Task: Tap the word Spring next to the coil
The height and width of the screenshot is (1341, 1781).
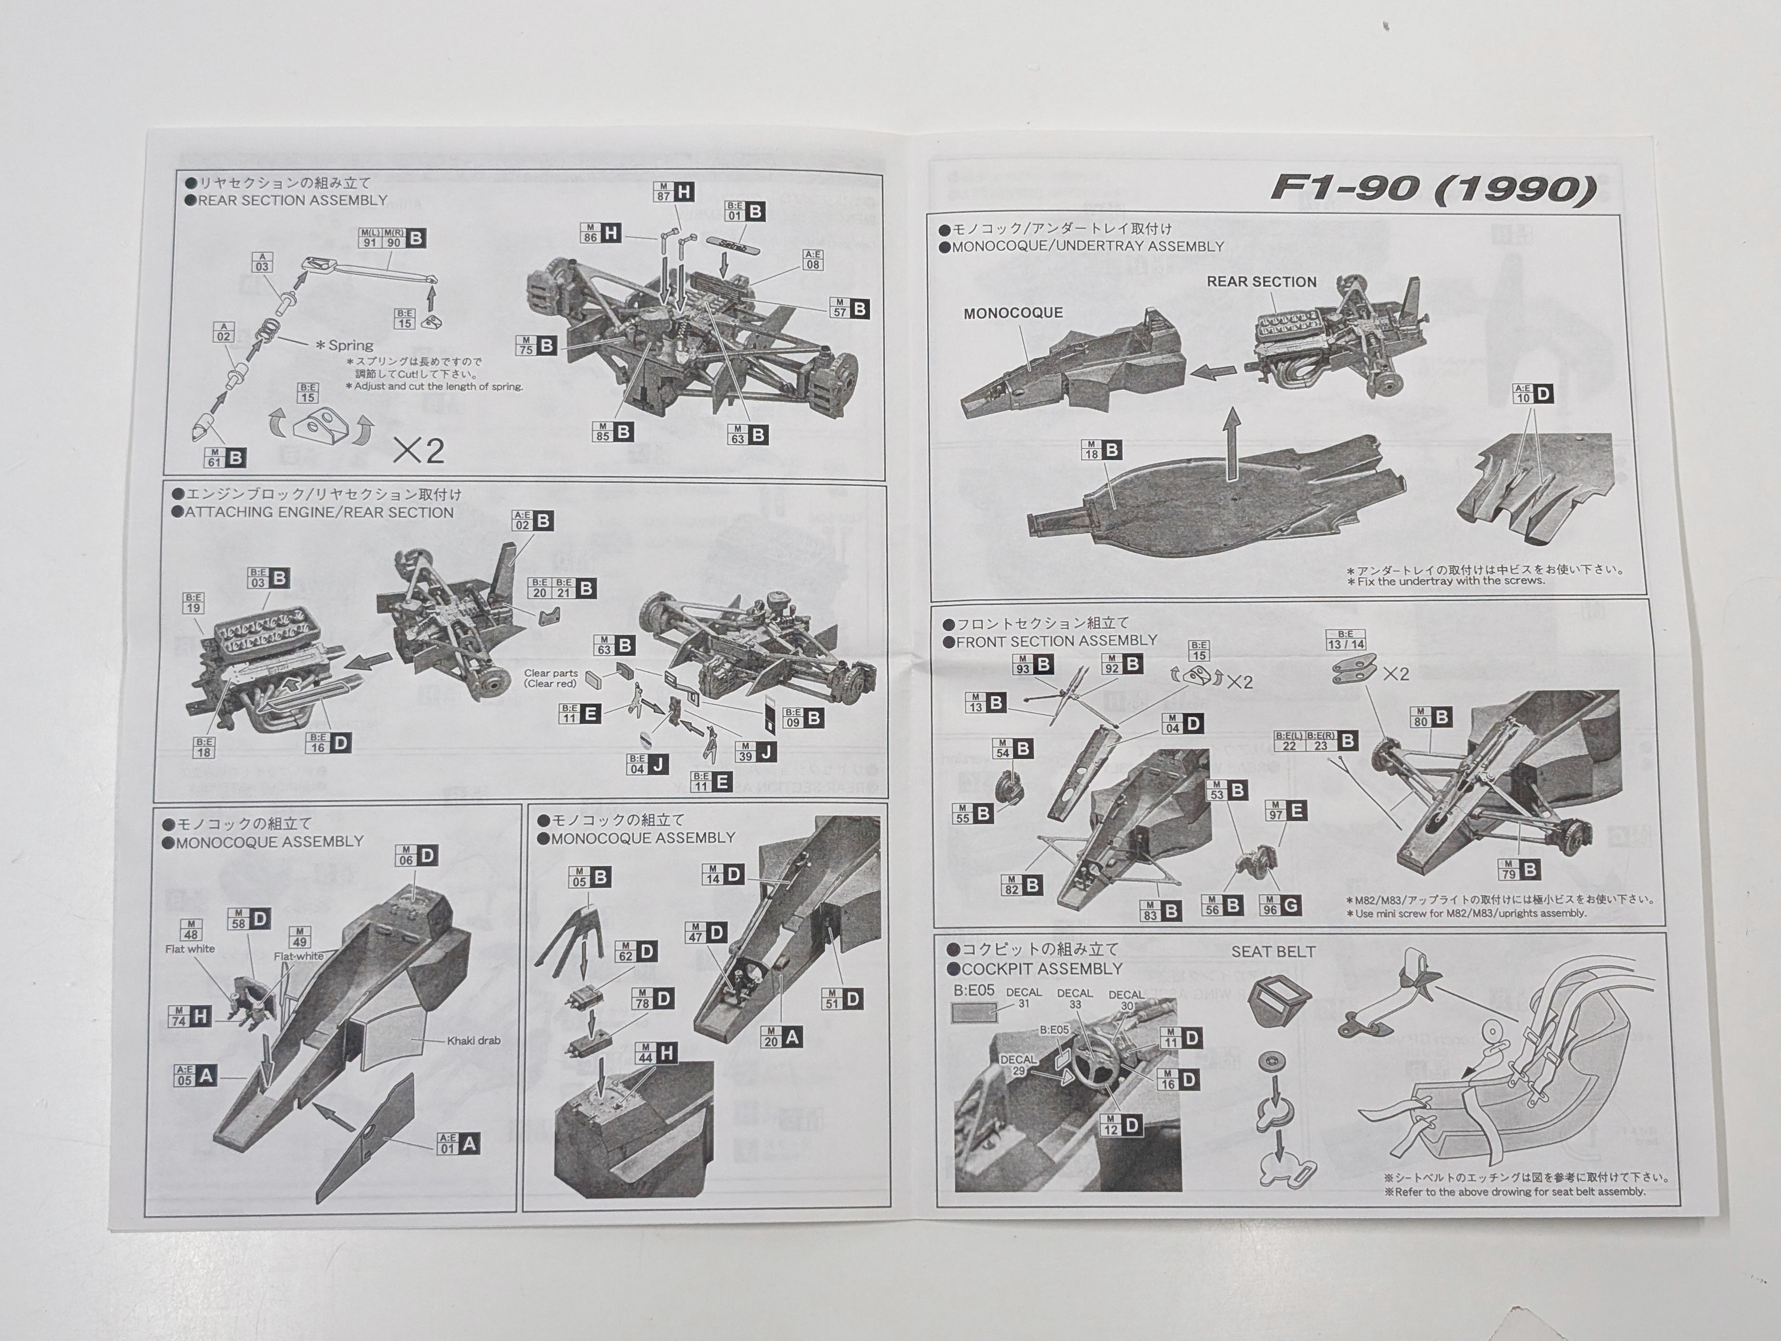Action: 350,345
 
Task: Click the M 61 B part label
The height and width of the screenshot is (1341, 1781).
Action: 225,458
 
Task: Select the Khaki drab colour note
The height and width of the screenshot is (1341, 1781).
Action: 474,1041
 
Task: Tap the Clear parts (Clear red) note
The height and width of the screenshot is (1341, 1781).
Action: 551,678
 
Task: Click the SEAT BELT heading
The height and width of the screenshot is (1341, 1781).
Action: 1273,952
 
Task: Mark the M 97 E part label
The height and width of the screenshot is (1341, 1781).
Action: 1286,811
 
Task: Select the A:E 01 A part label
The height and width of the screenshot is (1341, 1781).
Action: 458,1144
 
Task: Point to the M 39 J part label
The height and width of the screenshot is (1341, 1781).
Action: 756,752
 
